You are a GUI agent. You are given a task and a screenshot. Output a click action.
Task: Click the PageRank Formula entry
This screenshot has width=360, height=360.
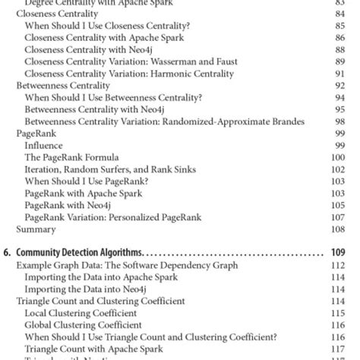pyautogui.click(x=68, y=156)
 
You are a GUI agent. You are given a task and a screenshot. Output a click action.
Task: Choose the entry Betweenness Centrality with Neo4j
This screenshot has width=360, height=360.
pyautogui.click(x=99, y=109)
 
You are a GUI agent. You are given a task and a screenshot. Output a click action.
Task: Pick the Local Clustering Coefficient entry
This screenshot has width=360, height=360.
pyautogui.click(x=81, y=313)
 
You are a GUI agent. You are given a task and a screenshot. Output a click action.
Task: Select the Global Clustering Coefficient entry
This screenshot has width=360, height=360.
pyautogui.click(x=83, y=325)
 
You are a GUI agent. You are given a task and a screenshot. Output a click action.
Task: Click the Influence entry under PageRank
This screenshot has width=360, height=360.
pyautogui.click(x=43, y=145)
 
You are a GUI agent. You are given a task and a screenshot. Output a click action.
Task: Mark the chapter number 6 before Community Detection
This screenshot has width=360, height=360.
pyautogui.click(x=7, y=252)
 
